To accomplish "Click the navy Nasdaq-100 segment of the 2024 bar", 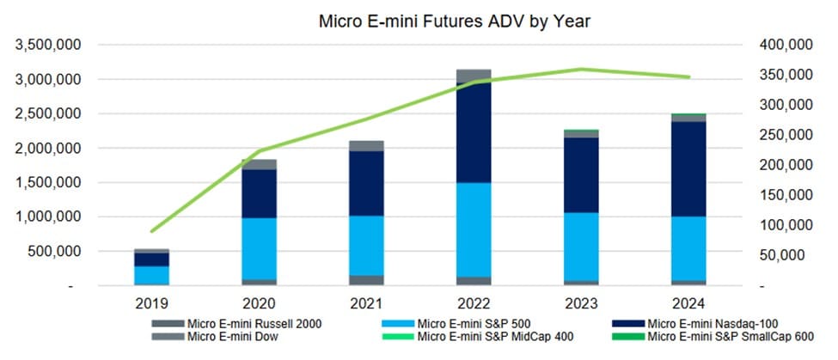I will click(688, 168).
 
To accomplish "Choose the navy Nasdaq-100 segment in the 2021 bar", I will click(367, 183).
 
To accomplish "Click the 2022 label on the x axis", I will click(474, 303).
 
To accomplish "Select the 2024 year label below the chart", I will click(688, 303).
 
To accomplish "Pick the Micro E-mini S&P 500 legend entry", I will click(464, 323).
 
